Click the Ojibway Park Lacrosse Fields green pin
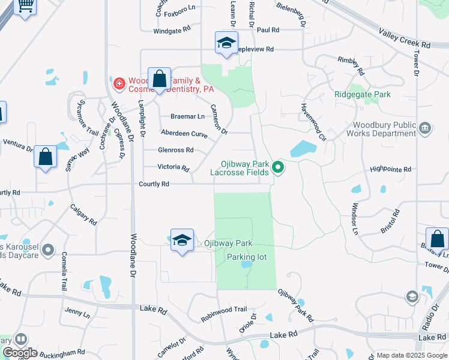click(x=278, y=167)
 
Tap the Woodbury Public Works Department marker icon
click(x=425, y=128)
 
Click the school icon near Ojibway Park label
click(x=182, y=241)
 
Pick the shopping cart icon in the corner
click(x=25, y=6)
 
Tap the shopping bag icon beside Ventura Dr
click(x=46, y=157)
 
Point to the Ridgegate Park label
click(x=363, y=94)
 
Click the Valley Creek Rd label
click(x=405, y=39)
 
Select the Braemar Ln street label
click(x=187, y=116)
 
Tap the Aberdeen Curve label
click(x=184, y=134)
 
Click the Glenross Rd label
click(x=175, y=150)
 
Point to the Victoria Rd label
click(x=173, y=167)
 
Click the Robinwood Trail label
click(x=224, y=313)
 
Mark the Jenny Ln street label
click(x=77, y=313)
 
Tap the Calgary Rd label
click(x=83, y=214)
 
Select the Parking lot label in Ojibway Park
click(x=246, y=257)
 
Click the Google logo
click(x=20, y=353)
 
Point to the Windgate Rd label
click(x=172, y=29)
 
